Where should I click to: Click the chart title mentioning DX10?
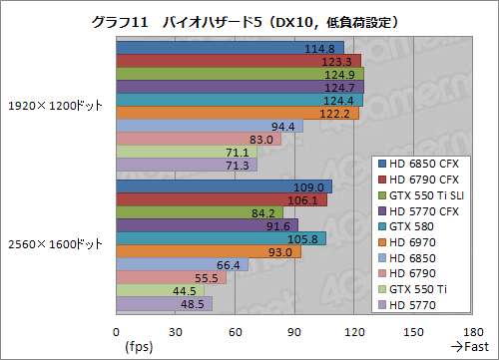point(249,20)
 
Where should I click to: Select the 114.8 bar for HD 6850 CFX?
point(230,48)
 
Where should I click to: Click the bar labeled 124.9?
point(240,74)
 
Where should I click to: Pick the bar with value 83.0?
point(199,139)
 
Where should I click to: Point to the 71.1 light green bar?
point(187,152)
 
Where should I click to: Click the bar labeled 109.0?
point(224,186)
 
